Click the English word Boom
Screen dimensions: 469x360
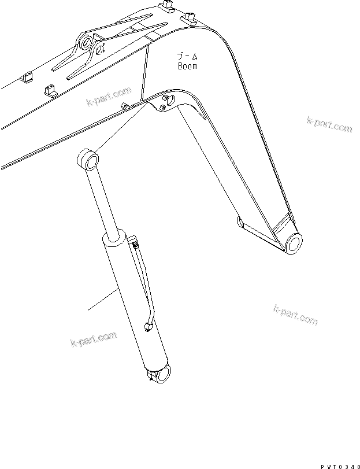click(187, 66)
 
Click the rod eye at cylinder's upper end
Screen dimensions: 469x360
click(87, 160)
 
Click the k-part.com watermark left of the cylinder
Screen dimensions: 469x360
click(92, 338)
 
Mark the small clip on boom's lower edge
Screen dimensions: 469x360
click(125, 105)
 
